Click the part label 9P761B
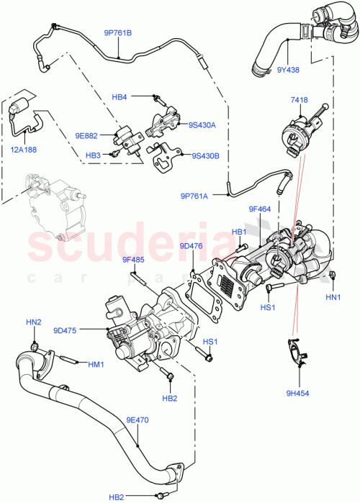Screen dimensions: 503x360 click(119, 32)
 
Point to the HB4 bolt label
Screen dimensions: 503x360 click(120, 96)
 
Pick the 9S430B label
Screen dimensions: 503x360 click(205, 155)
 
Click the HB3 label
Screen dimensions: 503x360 click(93, 155)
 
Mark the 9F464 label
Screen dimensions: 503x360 click(258, 209)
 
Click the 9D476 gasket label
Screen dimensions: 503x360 click(191, 245)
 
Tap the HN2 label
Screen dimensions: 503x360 click(34, 322)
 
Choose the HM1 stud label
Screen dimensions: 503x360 click(96, 364)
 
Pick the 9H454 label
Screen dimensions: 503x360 click(298, 392)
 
